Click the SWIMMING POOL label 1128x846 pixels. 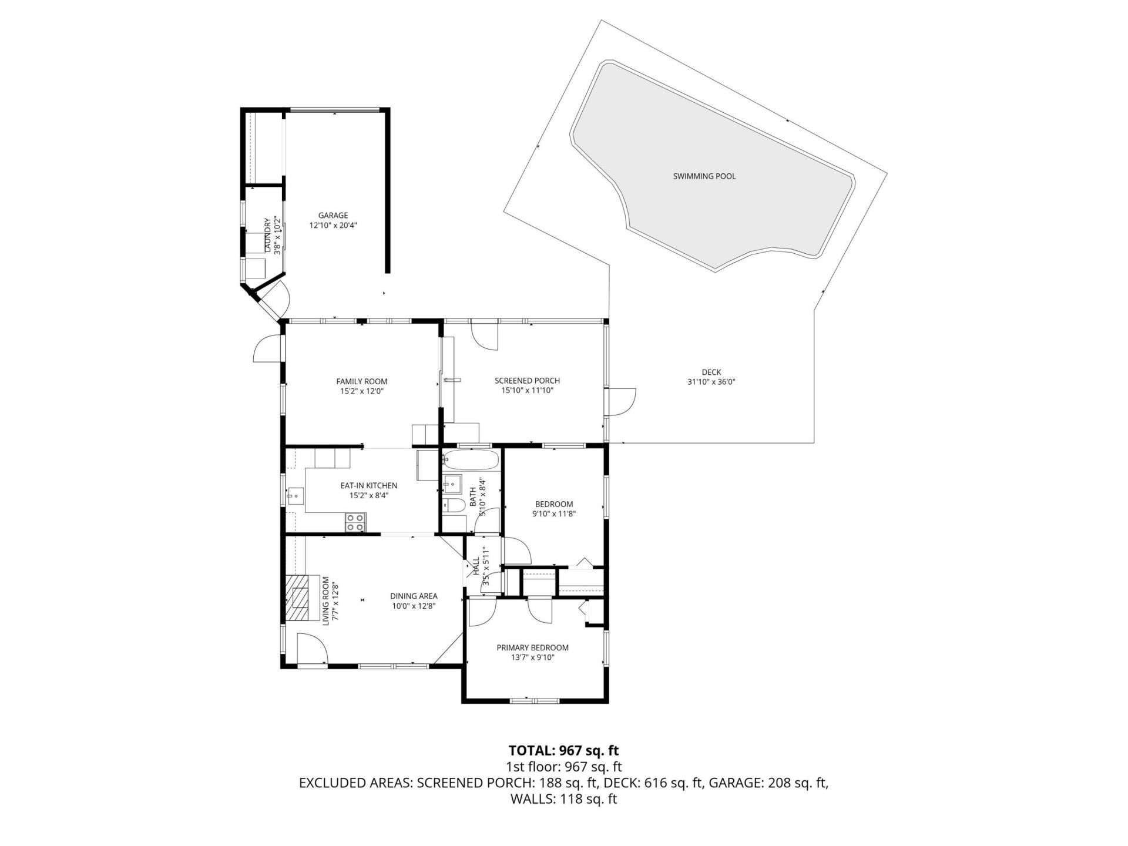(704, 176)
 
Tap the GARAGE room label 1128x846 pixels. (333, 216)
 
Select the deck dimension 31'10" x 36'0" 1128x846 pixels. (711, 382)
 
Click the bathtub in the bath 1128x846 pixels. (471, 459)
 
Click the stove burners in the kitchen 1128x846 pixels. (355, 522)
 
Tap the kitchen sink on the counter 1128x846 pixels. (296, 496)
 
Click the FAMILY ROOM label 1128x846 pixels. (361, 381)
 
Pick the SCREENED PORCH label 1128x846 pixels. (527, 381)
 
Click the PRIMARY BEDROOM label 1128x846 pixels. (532, 648)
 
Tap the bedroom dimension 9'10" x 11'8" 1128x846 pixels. (553, 513)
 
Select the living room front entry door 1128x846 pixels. (311, 650)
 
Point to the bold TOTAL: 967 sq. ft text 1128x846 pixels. (563, 750)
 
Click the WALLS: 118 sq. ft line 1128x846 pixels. (563, 799)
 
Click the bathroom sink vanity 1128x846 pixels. (452, 485)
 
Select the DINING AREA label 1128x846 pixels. (414, 596)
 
